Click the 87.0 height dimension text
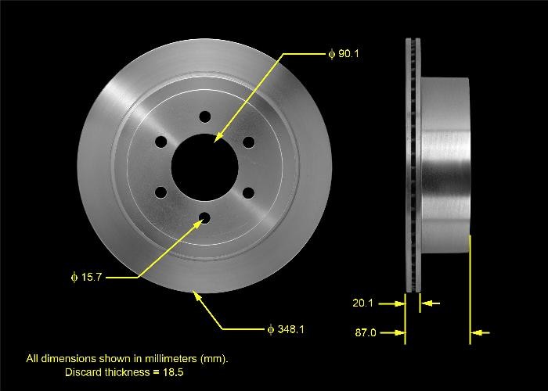tap(366, 333)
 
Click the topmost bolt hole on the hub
tap(205, 117)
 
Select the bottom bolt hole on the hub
tap(205, 218)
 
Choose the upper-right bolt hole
tap(249, 142)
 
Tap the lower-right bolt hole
tap(249, 192)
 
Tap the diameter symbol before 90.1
tap(331, 54)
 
